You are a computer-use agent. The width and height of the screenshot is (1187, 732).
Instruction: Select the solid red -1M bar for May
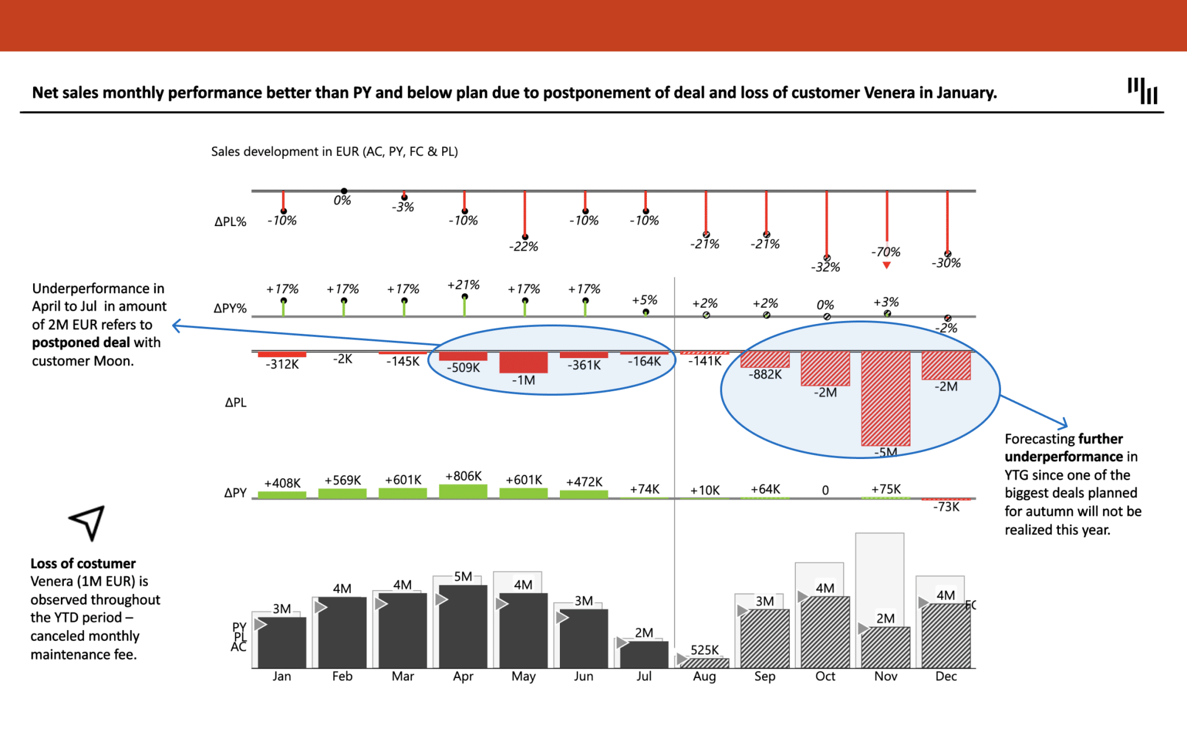[x=523, y=362]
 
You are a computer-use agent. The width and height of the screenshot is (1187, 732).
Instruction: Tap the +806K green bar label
[x=463, y=476]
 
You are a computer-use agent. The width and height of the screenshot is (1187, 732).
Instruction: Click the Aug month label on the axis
[x=704, y=676]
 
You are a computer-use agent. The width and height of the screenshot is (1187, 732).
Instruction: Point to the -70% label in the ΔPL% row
[x=886, y=252]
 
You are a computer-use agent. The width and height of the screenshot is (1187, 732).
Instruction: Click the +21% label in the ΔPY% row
[x=463, y=285]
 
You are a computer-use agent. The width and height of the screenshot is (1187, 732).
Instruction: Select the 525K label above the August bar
[x=704, y=650]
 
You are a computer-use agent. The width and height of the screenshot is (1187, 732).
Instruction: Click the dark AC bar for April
[x=463, y=629]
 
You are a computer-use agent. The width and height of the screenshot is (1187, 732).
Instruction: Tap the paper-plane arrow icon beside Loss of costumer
[x=88, y=522]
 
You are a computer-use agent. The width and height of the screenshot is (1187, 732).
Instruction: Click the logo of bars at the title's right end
[x=1142, y=91]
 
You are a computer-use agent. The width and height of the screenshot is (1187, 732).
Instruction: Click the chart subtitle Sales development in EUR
[x=334, y=151]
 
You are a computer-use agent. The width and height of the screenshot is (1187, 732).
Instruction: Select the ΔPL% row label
[x=230, y=221]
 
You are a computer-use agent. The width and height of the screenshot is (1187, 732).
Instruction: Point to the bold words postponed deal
[x=81, y=343]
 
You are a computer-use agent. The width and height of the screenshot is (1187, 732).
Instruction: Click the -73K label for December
[x=946, y=507]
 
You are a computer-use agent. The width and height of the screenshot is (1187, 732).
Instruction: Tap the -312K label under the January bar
[x=282, y=365]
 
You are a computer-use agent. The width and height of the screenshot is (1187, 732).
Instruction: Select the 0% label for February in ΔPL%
[x=342, y=201]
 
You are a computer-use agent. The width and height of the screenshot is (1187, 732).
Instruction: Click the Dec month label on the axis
[x=946, y=676]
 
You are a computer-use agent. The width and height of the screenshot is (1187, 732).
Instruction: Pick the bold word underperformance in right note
[x=1055, y=457]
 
